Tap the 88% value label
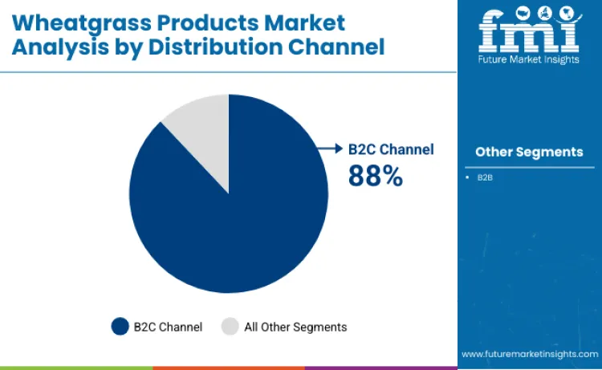coord(375,176)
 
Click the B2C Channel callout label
coord(390,149)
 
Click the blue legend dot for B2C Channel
coord(120,327)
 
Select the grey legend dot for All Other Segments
coord(230,327)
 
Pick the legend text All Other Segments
coord(295,327)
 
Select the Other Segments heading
coord(529,152)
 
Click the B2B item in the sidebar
coord(485,177)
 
